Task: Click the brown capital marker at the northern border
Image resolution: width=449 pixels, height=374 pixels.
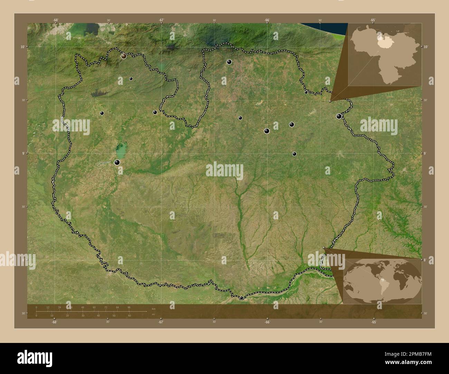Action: [x=124, y=56]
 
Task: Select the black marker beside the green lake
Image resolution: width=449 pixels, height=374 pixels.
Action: [x=117, y=162]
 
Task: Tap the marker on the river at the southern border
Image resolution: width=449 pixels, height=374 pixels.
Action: [x=241, y=297]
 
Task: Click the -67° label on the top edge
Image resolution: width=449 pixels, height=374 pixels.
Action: [x=161, y=20]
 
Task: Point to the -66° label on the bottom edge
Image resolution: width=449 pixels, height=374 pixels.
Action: [x=267, y=322]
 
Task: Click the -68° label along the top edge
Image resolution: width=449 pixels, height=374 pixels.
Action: [x=56, y=20]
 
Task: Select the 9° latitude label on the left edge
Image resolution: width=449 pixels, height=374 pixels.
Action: [x=23, y=153]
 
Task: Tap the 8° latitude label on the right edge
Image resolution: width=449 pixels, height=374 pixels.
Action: [x=426, y=259]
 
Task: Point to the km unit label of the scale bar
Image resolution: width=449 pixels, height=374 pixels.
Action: [x=153, y=309]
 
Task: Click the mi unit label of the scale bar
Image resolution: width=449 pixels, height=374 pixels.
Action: [x=153, y=314]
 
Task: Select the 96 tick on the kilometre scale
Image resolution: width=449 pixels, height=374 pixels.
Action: [x=129, y=307]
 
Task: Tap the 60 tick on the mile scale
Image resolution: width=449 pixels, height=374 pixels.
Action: [x=129, y=316]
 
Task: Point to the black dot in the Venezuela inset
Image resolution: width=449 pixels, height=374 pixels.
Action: [x=383, y=33]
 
